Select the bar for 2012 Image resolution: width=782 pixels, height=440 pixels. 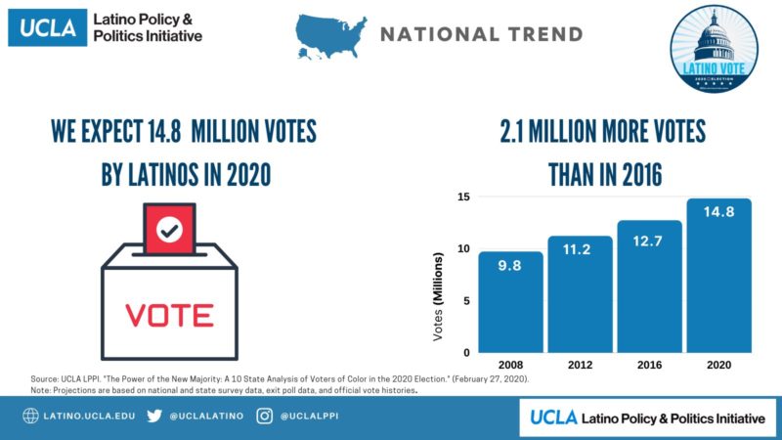point(580,293)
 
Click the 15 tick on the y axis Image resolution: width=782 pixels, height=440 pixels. point(462,198)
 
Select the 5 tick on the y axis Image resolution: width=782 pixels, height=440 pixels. point(465,300)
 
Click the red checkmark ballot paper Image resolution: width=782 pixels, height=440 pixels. point(170,231)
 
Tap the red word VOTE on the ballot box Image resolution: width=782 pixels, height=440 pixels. point(169,315)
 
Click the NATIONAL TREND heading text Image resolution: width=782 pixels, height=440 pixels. point(481,35)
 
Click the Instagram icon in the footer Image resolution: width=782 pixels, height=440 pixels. point(264,417)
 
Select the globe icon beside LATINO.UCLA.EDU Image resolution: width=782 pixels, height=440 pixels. point(30,417)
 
